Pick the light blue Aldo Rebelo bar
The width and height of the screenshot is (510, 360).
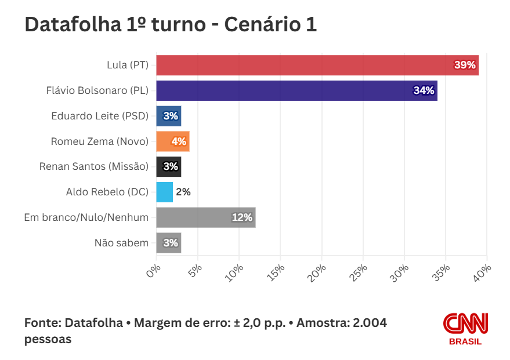pyautogui.click(x=164, y=192)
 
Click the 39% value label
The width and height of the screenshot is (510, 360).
pyautogui.click(x=465, y=65)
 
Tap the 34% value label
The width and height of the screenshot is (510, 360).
pyautogui.click(x=424, y=90)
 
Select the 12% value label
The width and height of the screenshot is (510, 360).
pyautogui.click(x=242, y=217)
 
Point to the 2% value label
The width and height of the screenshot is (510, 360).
pyautogui.click(x=183, y=192)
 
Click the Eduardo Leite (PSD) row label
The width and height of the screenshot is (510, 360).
pyautogui.click(x=100, y=116)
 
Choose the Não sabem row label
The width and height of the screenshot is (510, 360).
pyautogui.click(x=121, y=243)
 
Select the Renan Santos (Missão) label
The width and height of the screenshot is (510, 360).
pyautogui.click(x=94, y=166)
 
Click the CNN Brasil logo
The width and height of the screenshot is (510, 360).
pyautogui.click(x=465, y=328)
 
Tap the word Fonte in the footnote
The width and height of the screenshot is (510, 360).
pyautogui.click(x=42, y=323)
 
